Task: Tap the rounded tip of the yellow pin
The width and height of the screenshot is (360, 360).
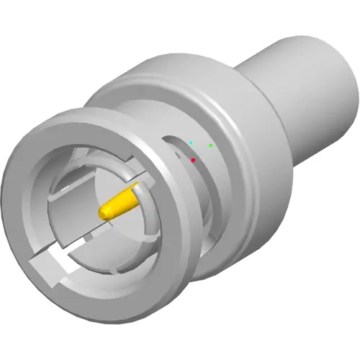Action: click(x=104, y=212)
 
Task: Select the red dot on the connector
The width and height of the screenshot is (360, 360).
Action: click(x=194, y=160)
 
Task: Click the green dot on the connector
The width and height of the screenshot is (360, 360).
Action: click(x=211, y=145)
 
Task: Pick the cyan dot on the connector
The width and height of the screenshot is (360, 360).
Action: click(x=191, y=143)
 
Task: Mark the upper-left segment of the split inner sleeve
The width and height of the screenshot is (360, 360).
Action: click(x=68, y=191)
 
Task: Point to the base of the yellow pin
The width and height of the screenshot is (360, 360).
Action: click(x=135, y=192)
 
